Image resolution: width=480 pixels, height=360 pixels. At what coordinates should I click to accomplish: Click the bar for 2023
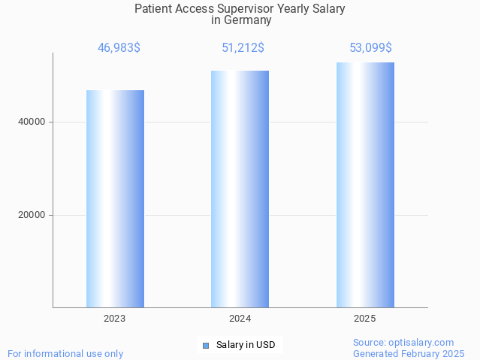click(115, 198)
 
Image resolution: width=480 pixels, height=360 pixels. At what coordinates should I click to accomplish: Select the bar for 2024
click(240, 189)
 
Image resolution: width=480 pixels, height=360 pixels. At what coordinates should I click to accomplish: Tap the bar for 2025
click(365, 185)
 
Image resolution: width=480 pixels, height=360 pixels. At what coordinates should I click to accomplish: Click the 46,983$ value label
click(119, 48)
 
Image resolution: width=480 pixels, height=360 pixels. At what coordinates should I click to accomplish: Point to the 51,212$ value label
click(243, 48)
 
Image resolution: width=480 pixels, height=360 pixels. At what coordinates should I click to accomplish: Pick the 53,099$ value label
click(370, 48)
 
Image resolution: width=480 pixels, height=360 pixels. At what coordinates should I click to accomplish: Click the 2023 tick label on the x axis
click(115, 319)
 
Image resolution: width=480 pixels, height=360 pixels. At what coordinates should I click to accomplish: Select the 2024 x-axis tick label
click(240, 319)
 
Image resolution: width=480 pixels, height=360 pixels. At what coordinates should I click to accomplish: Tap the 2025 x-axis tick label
click(365, 319)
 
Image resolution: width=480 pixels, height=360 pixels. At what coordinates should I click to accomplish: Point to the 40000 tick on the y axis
click(32, 122)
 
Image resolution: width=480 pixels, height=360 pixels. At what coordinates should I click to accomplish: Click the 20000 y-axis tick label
click(32, 215)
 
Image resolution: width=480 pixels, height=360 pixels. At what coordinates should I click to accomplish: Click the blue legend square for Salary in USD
click(205, 346)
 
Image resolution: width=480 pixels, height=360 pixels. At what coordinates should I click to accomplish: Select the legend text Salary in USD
click(246, 346)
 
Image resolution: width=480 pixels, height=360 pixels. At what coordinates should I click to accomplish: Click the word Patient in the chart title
click(153, 9)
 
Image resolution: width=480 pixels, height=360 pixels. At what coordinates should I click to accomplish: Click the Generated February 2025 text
click(409, 353)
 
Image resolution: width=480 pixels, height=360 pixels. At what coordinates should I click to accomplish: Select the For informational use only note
click(65, 353)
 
